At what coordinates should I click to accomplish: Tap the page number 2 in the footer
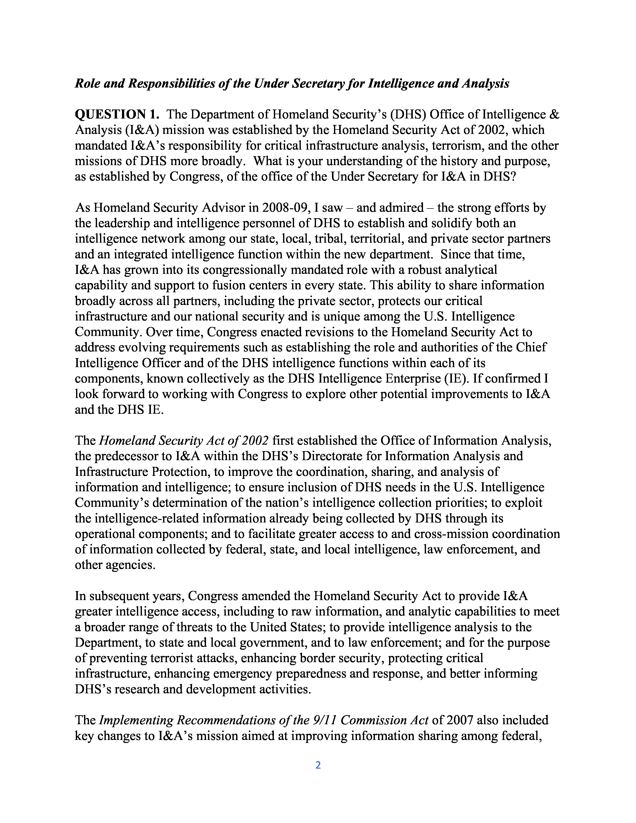(x=318, y=765)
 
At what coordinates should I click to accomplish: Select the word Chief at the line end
(x=532, y=347)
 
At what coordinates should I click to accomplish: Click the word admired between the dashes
(x=390, y=208)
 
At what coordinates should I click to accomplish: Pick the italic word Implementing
(x=136, y=720)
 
